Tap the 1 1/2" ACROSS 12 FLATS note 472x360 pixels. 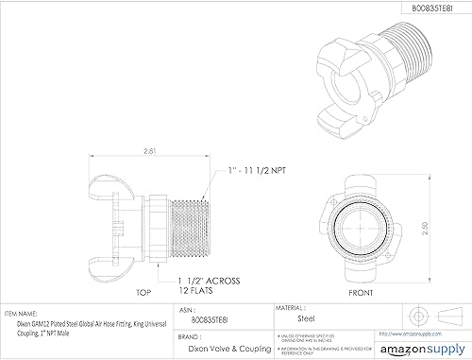(x=207, y=284)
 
